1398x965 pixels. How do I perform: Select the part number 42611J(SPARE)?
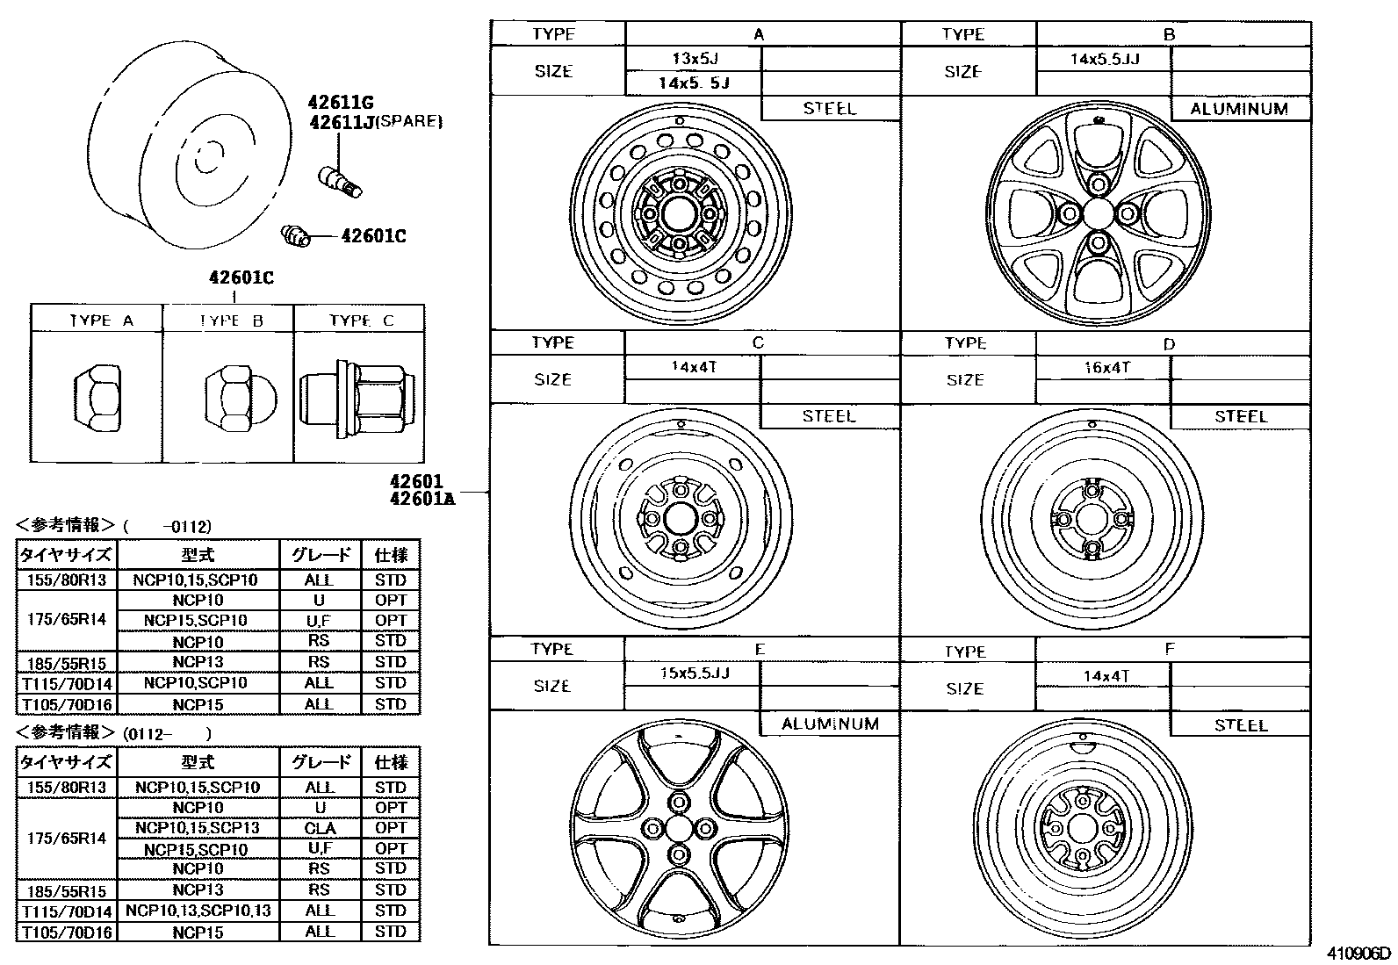point(375,122)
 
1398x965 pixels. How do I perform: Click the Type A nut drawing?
point(97,397)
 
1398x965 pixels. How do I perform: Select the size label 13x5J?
point(695,59)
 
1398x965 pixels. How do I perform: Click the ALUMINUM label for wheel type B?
point(1239,110)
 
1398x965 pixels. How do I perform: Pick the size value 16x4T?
point(1106,368)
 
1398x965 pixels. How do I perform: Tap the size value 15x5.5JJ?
point(695,673)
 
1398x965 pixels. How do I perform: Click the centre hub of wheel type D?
point(1092,519)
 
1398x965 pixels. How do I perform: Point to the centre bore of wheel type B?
point(1099,212)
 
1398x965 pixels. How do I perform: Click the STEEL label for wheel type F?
point(1241,725)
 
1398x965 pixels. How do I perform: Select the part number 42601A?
point(422,500)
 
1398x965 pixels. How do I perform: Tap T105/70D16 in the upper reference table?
point(66,704)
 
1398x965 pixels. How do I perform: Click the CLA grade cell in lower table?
point(320,828)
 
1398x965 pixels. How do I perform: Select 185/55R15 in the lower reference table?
point(66,889)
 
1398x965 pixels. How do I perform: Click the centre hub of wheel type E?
point(678,828)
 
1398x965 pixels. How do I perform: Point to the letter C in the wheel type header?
point(759,342)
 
